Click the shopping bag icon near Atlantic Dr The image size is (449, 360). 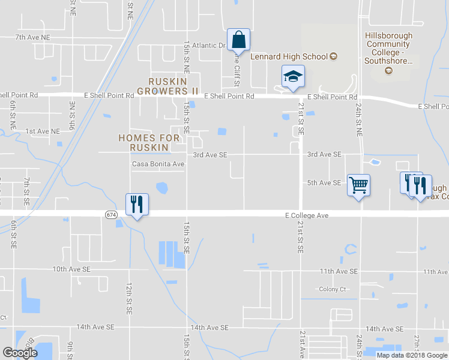click(x=238, y=40)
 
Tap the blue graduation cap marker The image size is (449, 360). click(x=292, y=77)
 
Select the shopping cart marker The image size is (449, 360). click(x=358, y=185)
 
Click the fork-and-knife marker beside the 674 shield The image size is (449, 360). click(x=137, y=205)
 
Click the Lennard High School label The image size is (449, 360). click(x=294, y=57)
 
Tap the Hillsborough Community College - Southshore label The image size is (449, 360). click(x=388, y=48)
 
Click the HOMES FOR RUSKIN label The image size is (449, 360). click(x=149, y=142)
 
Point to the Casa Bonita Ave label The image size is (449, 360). click(x=158, y=164)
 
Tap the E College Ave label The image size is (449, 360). click(x=307, y=215)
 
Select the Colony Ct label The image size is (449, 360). click(x=333, y=289)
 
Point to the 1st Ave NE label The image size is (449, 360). click(x=43, y=131)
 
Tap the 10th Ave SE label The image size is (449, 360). click(x=71, y=270)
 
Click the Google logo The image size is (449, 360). click(x=20, y=353)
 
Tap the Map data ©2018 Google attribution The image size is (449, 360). click(x=411, y=355)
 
